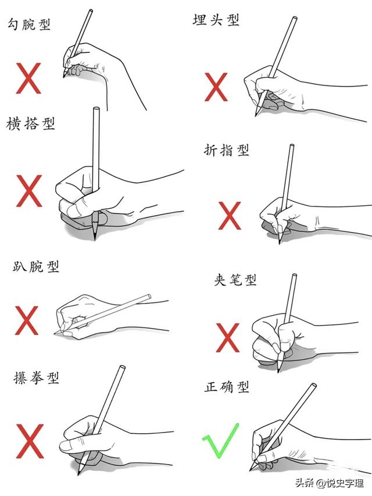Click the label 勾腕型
(x=29, y=24)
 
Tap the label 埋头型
(x=216, y=20)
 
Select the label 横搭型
(x=31, y=123)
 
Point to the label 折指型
(x=227, y=150)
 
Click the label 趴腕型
(x=36, y=267)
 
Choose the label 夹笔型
(x=235, y=280)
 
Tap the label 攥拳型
(x=36, y=378)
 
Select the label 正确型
(x=227, y=387)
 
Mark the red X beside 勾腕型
(x=28, y=78)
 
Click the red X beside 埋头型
(x=216, y=87)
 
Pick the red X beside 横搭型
(x=29, y=191)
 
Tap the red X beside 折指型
(x=230, y=216)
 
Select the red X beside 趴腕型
(x=27, y=320)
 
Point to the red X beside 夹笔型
(x=228, y=337)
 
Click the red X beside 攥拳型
(x=30, y=441)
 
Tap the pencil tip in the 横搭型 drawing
(x=94, y=239)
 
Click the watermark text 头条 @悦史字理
(x=330, y=483)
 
